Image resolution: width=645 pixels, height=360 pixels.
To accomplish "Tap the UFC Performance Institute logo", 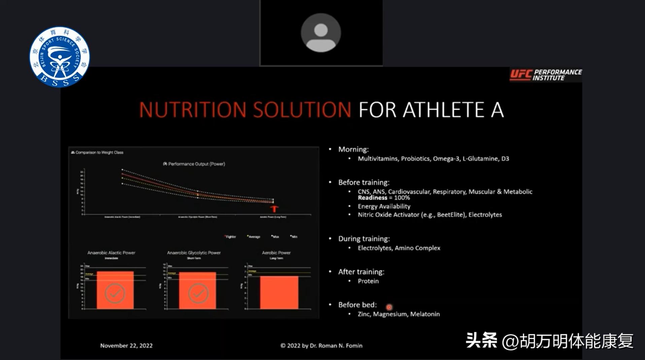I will [546, 75].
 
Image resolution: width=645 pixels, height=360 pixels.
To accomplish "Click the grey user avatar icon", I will [321, 33].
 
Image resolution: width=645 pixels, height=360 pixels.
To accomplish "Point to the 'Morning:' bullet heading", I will [353, 149].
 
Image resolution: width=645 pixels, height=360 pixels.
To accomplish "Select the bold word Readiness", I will [372, 198].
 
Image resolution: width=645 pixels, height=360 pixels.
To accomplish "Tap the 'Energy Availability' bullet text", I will [384, 206].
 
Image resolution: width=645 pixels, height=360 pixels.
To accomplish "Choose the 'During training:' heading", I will [364, 239].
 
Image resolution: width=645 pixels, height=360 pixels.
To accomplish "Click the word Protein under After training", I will [368, 281].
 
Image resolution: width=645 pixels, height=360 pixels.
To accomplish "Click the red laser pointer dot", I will [389, 307].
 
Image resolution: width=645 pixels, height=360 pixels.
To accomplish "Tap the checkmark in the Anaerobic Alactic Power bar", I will [115, 293].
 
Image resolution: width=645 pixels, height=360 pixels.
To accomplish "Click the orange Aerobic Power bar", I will [279, 292].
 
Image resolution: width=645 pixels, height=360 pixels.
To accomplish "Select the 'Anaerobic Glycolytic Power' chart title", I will [194, 253].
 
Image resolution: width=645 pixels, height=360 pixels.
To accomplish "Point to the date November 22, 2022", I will [126, 346].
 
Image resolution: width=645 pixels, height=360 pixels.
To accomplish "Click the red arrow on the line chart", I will [274, 209].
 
